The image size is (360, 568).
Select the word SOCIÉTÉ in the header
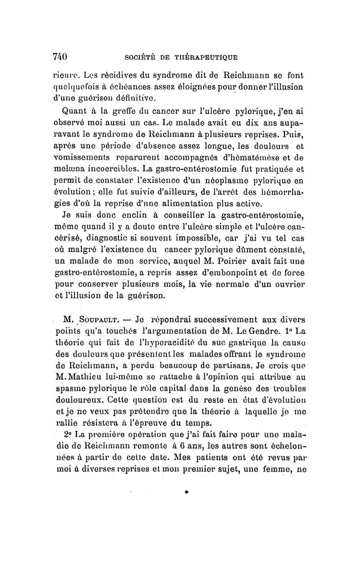tap(141, 57)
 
